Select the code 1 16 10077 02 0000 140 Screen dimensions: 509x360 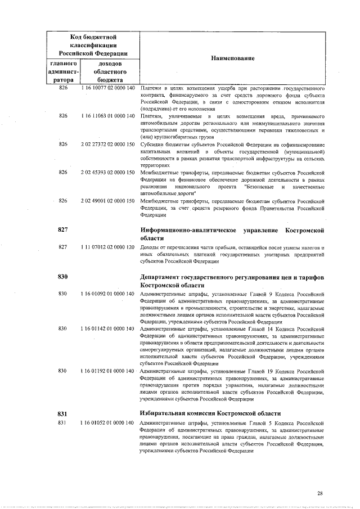click(107, 88)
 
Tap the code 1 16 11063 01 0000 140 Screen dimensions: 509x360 click(107, 115)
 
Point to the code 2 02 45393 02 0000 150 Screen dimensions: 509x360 click(107, 172)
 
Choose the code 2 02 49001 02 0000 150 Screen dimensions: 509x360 click(107, 200)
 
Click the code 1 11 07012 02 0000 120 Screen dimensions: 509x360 click(107, 247)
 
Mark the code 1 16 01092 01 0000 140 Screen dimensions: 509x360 click(107, 294)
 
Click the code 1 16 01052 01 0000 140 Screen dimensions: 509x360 click(107, 422)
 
